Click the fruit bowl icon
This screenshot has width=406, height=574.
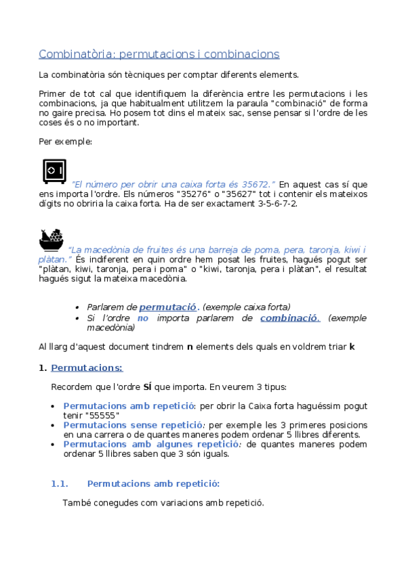click(x=51, y=239)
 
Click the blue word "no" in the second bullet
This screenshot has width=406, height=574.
click(x=142, y=317)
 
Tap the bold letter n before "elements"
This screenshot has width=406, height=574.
click(x=190, y=347)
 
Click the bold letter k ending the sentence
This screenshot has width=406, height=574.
click(x=352, y=347)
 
